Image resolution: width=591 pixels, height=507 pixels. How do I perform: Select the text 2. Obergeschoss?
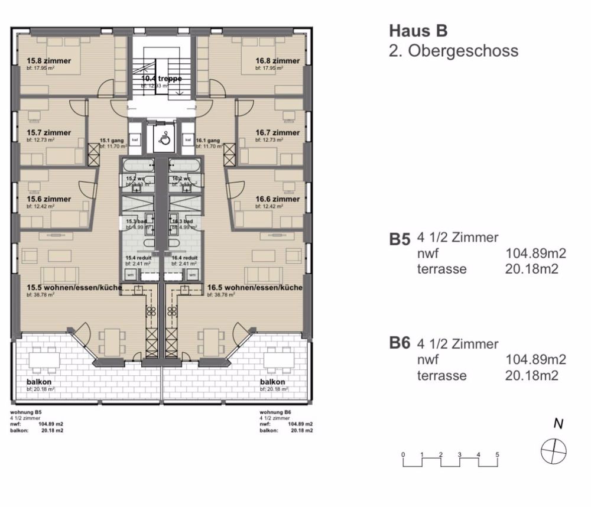click(453, 51)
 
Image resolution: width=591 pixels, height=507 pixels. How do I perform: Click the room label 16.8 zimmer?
click(277, 61)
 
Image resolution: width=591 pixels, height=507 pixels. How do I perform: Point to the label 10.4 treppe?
click(161, 78)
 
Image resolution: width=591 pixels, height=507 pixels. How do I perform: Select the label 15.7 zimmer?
click(49, 133)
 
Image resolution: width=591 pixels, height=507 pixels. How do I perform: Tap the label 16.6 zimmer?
click(277, 200)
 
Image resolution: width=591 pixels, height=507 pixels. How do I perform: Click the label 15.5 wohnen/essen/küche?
click(74, 288)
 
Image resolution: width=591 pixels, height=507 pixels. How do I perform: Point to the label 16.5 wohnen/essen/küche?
click(255, 288)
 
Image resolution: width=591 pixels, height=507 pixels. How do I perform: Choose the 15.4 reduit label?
click(138, 258)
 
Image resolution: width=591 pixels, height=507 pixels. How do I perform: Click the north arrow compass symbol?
click(554, 450)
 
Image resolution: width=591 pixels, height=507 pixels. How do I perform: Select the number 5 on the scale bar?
click(498, 454)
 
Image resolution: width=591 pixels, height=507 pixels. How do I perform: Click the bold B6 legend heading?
click(400, 343)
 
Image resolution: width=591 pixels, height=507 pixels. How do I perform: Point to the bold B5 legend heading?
click(400, 239)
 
